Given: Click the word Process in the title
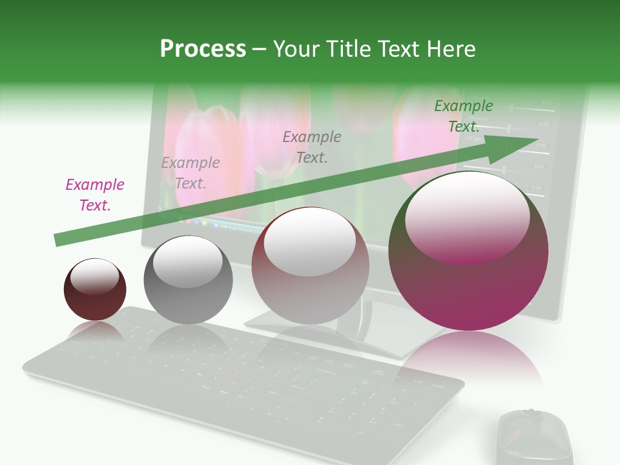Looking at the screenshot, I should pyautogui.click(x=203, y=49).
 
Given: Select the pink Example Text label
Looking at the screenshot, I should pyautogui.click(x=95, y=195).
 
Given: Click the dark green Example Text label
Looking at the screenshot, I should pyautogui.click(x=463, y=116).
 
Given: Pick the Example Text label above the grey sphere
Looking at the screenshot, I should pyautogui.click(x=191, y=173).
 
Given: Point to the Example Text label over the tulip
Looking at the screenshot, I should pyautogui.click(x=312, y=147).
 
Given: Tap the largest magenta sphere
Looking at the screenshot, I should pyautogui.click(x=468, y=284).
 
